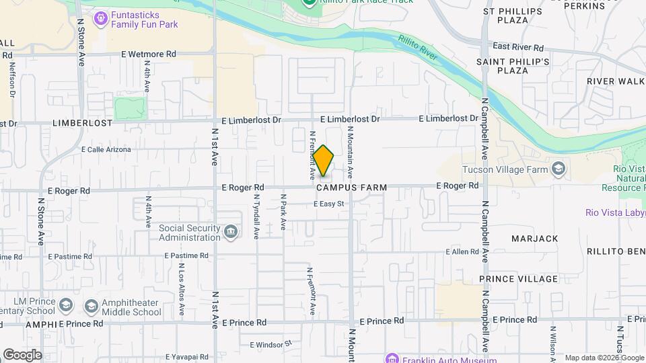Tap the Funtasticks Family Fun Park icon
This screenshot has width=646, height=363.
pyautogui.click(x=101, y=17)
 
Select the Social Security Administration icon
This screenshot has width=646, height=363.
pyautogui.click(x=231, y=232)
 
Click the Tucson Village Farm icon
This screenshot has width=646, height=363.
pyautogui.click(x=558, y=168)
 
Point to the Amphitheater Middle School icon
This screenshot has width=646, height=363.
pyautogui.click(x=91, y=307)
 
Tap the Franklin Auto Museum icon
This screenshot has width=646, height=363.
pyautogui.click(x=392, y=358)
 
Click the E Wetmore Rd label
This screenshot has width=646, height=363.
pyautogui.click(x=148, y=54)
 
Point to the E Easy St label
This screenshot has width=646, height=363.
pyautogui.click(x=328, y=204)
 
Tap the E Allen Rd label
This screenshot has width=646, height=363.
pyautogui.click(x=461, y=251)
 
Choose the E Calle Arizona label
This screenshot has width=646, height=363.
pyautogui.click(x=106, y=149)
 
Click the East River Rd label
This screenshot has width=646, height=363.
pyautogui.click(x=517, y=47)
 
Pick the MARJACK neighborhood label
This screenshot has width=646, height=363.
pyautogui.click(x=534, y=239)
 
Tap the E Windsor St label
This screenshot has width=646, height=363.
pyautogui.click(x=271, y=344)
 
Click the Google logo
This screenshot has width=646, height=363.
pyautogui.click(x=22, y=354)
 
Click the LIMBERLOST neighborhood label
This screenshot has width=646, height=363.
pyautogui.click(x=83, y=124)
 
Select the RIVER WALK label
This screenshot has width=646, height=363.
pyautogui.click(x=615, y=81)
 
